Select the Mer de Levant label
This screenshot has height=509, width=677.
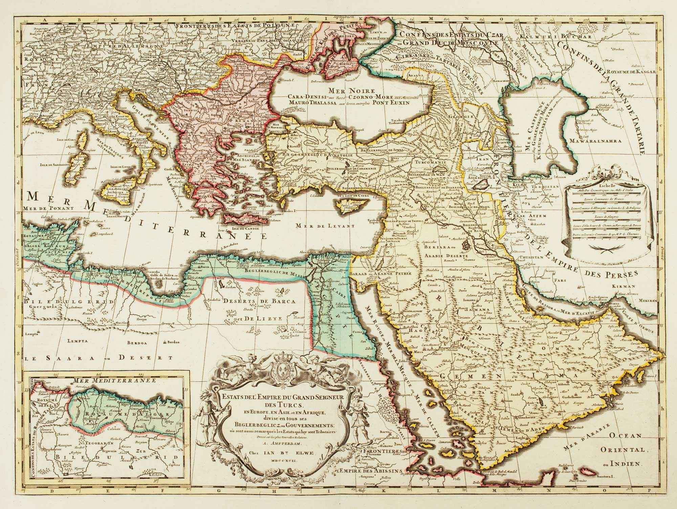tap(324, 226)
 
